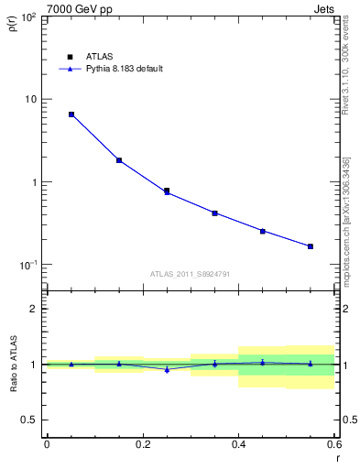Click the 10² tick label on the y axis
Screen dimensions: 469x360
point(27,17)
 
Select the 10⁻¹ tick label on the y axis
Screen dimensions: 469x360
point(27,265)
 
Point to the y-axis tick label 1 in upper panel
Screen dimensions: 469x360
point(34,182)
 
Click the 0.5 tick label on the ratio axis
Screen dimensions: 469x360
point(29,420)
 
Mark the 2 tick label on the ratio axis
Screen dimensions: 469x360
point(34,309)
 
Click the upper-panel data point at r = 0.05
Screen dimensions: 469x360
point(71,115)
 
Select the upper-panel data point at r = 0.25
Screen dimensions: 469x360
point(167,191)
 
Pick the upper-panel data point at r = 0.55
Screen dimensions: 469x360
point(311,246)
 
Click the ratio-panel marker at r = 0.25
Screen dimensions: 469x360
point(167,369)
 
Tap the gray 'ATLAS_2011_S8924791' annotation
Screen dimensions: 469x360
point(190,273)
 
